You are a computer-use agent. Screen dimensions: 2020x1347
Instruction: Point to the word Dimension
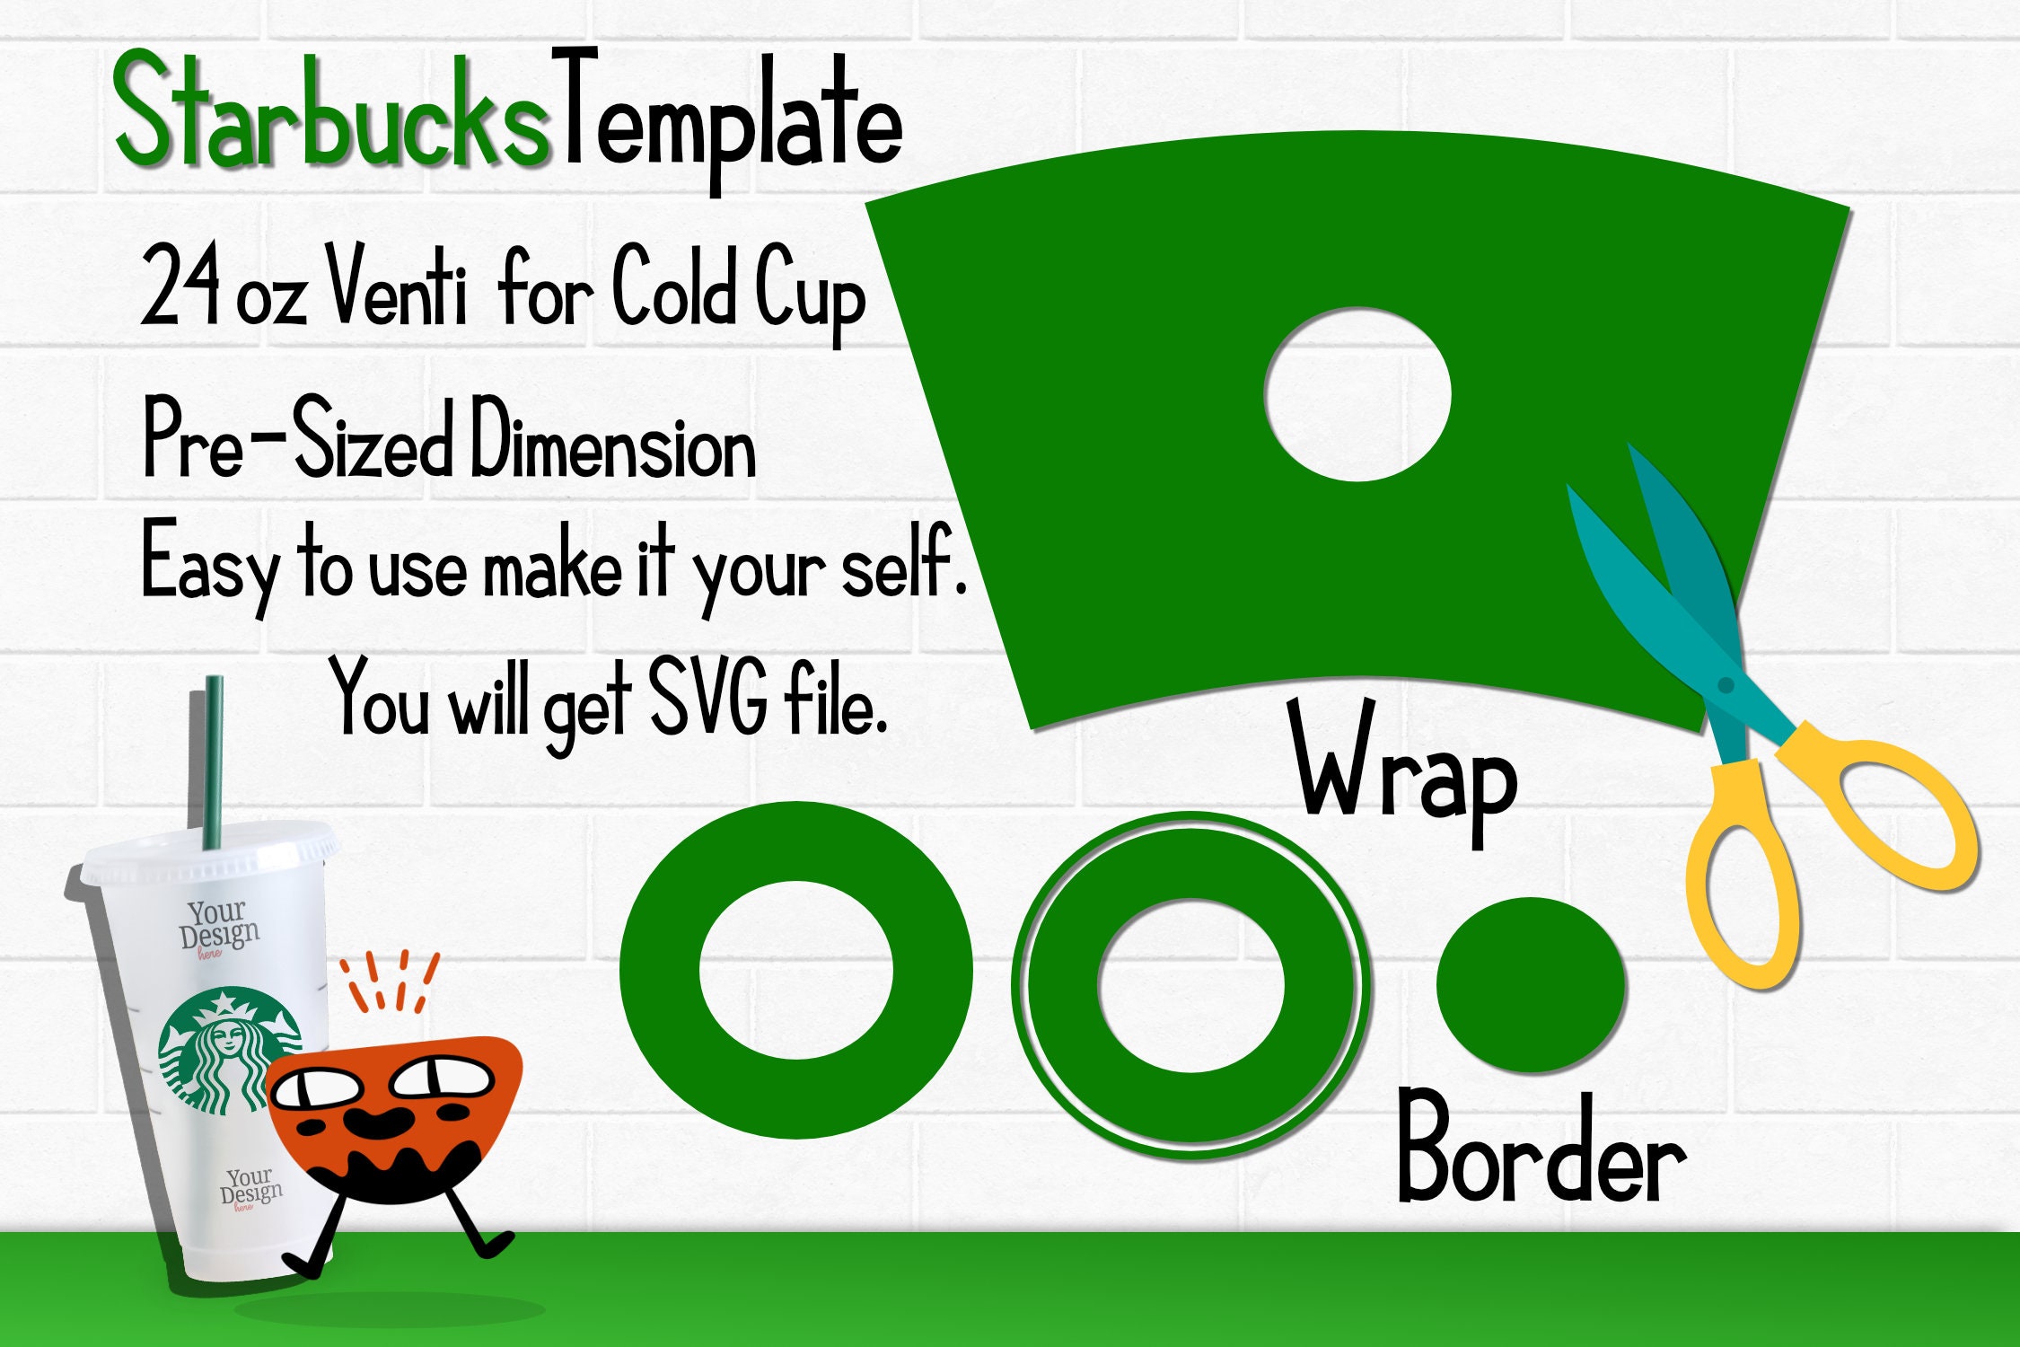click(613, 440)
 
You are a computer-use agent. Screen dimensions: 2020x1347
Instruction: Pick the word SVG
click(707, 696)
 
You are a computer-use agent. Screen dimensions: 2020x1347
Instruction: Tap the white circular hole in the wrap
click(1357, 394)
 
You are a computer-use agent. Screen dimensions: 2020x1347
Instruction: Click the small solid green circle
click(1531, 984)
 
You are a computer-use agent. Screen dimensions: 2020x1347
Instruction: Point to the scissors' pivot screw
click(1725, 685)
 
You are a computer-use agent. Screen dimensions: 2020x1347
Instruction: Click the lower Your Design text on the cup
click(251, 1188)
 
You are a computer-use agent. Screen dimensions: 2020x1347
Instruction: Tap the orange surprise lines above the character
click(389, 981)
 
